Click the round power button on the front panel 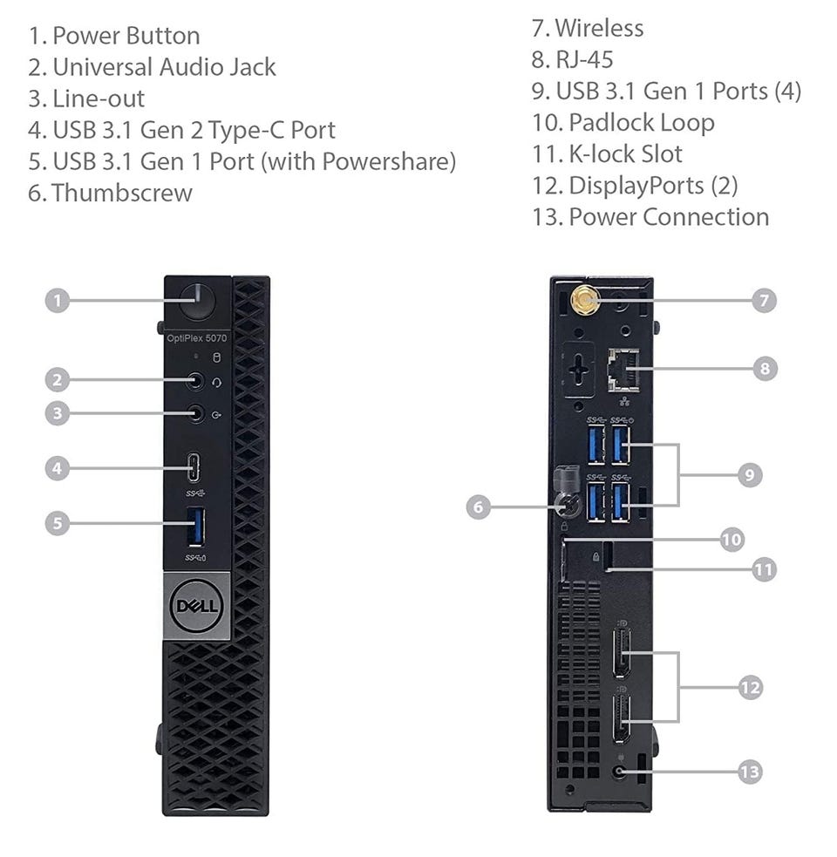point(197,301)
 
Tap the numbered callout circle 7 point(764,300)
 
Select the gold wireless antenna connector point(584,301)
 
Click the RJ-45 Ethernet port point(623,370)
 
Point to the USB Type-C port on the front point(194,468)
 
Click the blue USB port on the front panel point(195,527)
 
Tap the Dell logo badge point(197,606)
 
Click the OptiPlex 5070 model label point(197,338)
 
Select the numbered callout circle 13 point(750,772)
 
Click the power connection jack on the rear point(619,772)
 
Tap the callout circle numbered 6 point(479,507)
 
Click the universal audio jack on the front point(195,380)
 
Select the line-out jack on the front point(195,413)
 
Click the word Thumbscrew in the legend point(122,193)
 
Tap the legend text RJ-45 point(584,59)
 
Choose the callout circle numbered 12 point(750,687)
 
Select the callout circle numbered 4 point(58,468)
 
